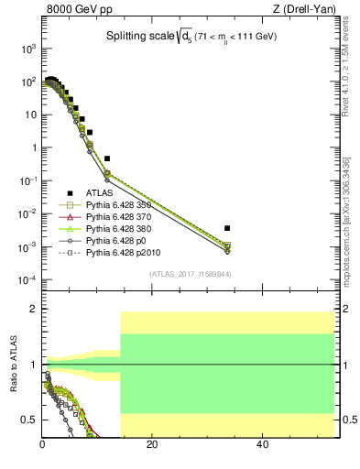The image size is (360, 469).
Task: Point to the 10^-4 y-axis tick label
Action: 27,279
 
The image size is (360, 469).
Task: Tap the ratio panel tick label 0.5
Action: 29,420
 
